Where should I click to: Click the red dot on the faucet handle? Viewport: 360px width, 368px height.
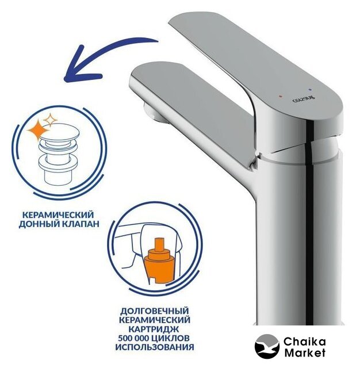coord(281,97)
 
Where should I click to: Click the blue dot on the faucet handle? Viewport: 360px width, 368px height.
coord(311,90)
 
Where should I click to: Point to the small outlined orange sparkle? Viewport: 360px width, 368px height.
coord(50,120)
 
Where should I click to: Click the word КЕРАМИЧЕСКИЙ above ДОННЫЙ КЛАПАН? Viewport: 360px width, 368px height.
coord(58,215)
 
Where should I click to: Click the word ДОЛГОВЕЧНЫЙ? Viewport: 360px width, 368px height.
coord(155,311)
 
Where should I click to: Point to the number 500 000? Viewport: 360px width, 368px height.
coord(134,338)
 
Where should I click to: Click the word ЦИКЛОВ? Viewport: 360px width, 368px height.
coord(172,338)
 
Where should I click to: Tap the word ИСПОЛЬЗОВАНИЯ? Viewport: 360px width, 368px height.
coord(155,347)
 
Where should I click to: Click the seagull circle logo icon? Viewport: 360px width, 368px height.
coord(267,346)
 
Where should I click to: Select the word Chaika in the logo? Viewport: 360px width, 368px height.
coord(305,342)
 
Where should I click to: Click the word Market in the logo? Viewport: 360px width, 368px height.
coord(305,352)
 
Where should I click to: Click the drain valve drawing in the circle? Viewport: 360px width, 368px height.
coord(59,156)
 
